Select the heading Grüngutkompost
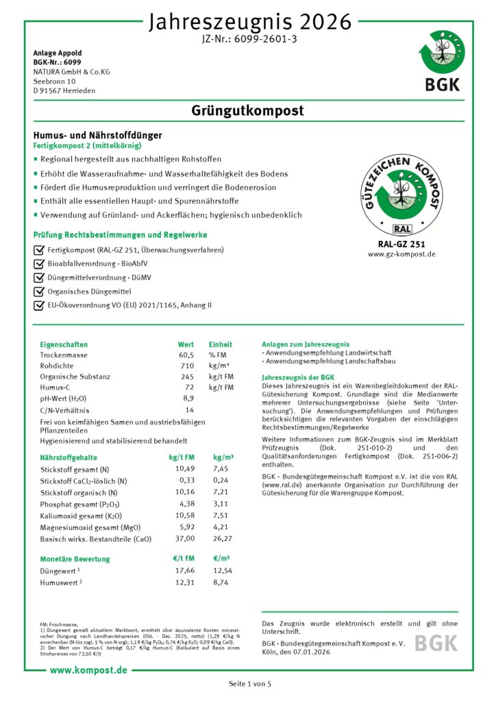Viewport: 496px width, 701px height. (248, 111)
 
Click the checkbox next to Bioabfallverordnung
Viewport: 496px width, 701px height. (38, 264)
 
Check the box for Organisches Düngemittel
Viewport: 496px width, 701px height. (38, 291)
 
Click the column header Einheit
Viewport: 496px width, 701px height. (221, 344)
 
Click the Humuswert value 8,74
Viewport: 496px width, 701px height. (223, 581)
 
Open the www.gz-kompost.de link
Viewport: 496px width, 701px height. (401, 254)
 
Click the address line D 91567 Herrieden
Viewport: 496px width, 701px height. (64, 90)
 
